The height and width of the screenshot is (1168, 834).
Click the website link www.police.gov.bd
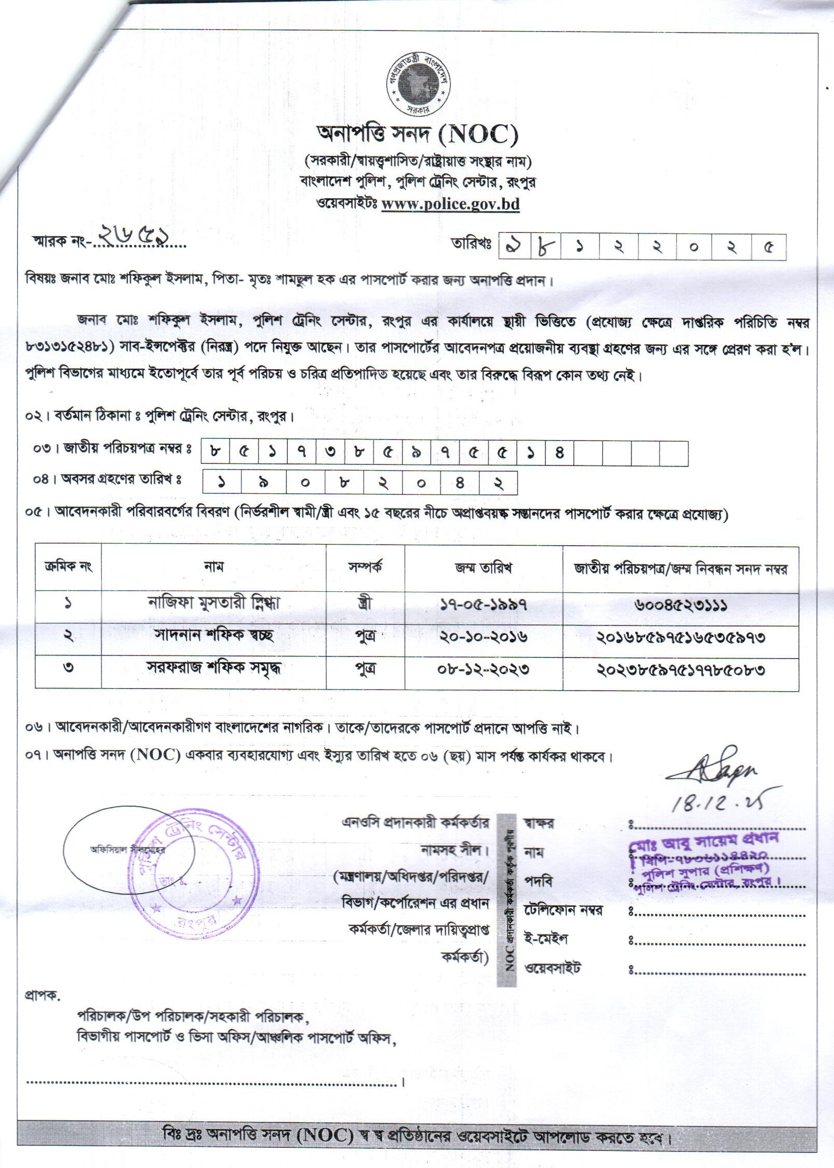coord(450,204)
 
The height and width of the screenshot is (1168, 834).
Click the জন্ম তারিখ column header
coord(484,568)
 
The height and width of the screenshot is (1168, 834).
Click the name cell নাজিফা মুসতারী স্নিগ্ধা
coord(214,603)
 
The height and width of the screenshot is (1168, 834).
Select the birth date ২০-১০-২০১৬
coord(484,636)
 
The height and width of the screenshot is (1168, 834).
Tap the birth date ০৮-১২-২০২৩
coord(484,669)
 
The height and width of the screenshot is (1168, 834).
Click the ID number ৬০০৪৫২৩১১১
coord(680,604)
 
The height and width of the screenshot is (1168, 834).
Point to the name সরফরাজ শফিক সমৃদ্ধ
coord(214,668)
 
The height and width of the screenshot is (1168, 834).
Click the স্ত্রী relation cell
coord(365,603)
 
